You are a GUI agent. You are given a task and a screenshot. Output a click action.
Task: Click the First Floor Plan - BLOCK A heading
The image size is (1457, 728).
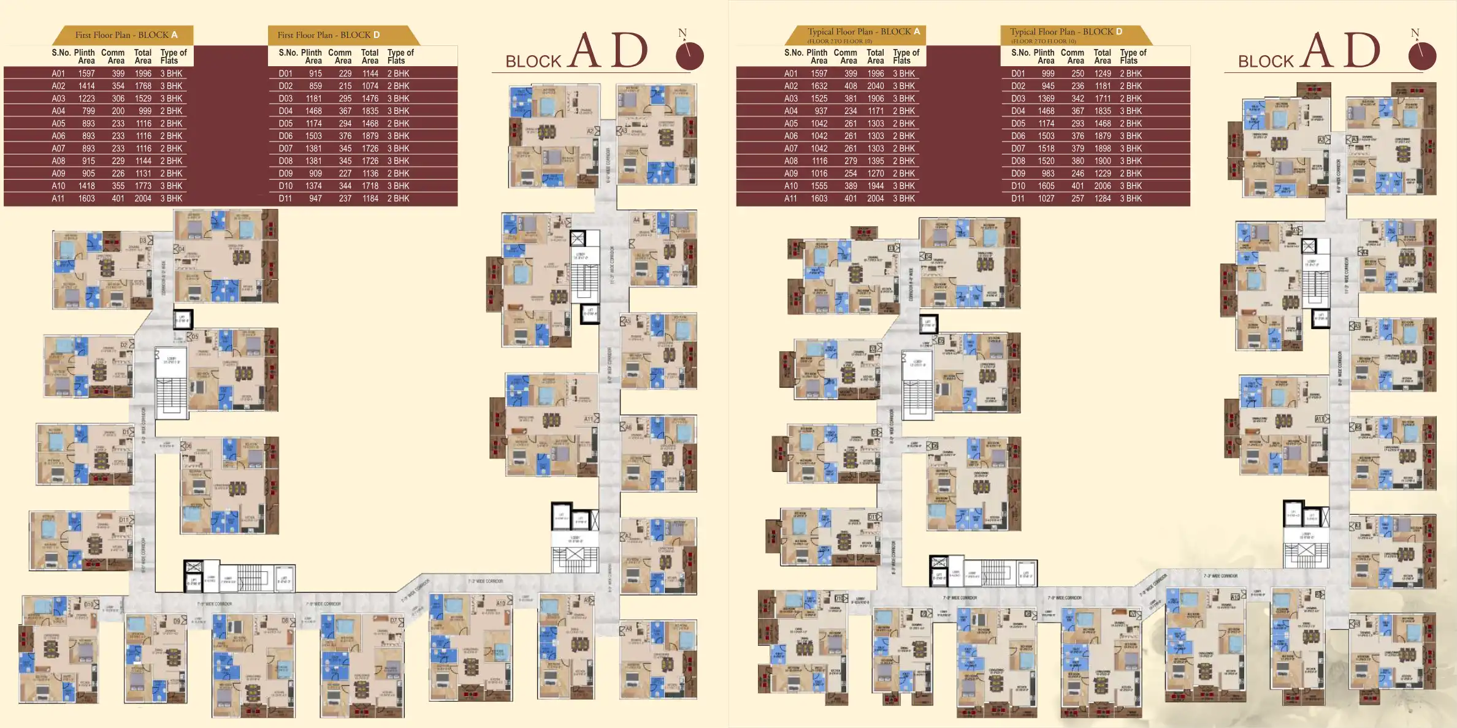(x=126, y=35)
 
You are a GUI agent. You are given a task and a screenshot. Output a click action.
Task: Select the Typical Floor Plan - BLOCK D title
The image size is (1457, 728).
(x=1066, y=32)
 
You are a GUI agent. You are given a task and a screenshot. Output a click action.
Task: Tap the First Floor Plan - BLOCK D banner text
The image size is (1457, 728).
(x=329, y=35)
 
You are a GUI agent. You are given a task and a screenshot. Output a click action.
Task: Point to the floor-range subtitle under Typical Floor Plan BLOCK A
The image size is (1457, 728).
(x=839, y=42)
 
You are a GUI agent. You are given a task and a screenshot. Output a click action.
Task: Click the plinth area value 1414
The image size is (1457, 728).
(x=86, y=86)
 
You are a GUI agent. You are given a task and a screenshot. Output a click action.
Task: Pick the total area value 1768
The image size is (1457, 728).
(x=143, y=86)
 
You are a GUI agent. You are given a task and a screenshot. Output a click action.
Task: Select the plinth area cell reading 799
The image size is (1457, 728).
(x=88, y=111)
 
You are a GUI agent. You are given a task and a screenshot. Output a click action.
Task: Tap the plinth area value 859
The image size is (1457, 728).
(x=315, y=86)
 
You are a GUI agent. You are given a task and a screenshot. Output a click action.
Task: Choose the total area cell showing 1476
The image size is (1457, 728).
(x=370, y=99)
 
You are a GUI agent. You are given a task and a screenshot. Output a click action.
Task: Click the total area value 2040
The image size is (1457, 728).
(x=875, y=86)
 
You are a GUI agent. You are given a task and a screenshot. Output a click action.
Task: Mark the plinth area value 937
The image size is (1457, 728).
(x=821, y=111)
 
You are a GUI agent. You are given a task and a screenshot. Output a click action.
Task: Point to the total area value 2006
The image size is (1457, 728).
(x=1102, y=186)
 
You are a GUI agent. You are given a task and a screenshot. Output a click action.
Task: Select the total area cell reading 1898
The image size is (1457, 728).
(x=1102, y=148)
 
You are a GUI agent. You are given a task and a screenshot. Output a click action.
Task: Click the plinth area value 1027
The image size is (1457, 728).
(x=1046, y=199)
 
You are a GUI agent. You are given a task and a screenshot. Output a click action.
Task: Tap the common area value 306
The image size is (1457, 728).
(x=118, y=99)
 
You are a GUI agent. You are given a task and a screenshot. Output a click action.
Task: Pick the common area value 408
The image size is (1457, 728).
(x=851, y=86)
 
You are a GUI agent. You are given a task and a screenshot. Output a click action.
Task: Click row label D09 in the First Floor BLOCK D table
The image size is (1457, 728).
(x=286, y=173)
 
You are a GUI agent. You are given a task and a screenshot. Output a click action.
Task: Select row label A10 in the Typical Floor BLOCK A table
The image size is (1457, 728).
(x=791, y=186)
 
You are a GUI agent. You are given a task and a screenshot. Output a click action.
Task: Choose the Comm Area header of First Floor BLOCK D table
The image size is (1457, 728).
(x=340, y=56)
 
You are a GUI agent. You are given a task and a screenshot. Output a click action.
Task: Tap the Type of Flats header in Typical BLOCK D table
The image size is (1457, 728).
(x=1133, y=56)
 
